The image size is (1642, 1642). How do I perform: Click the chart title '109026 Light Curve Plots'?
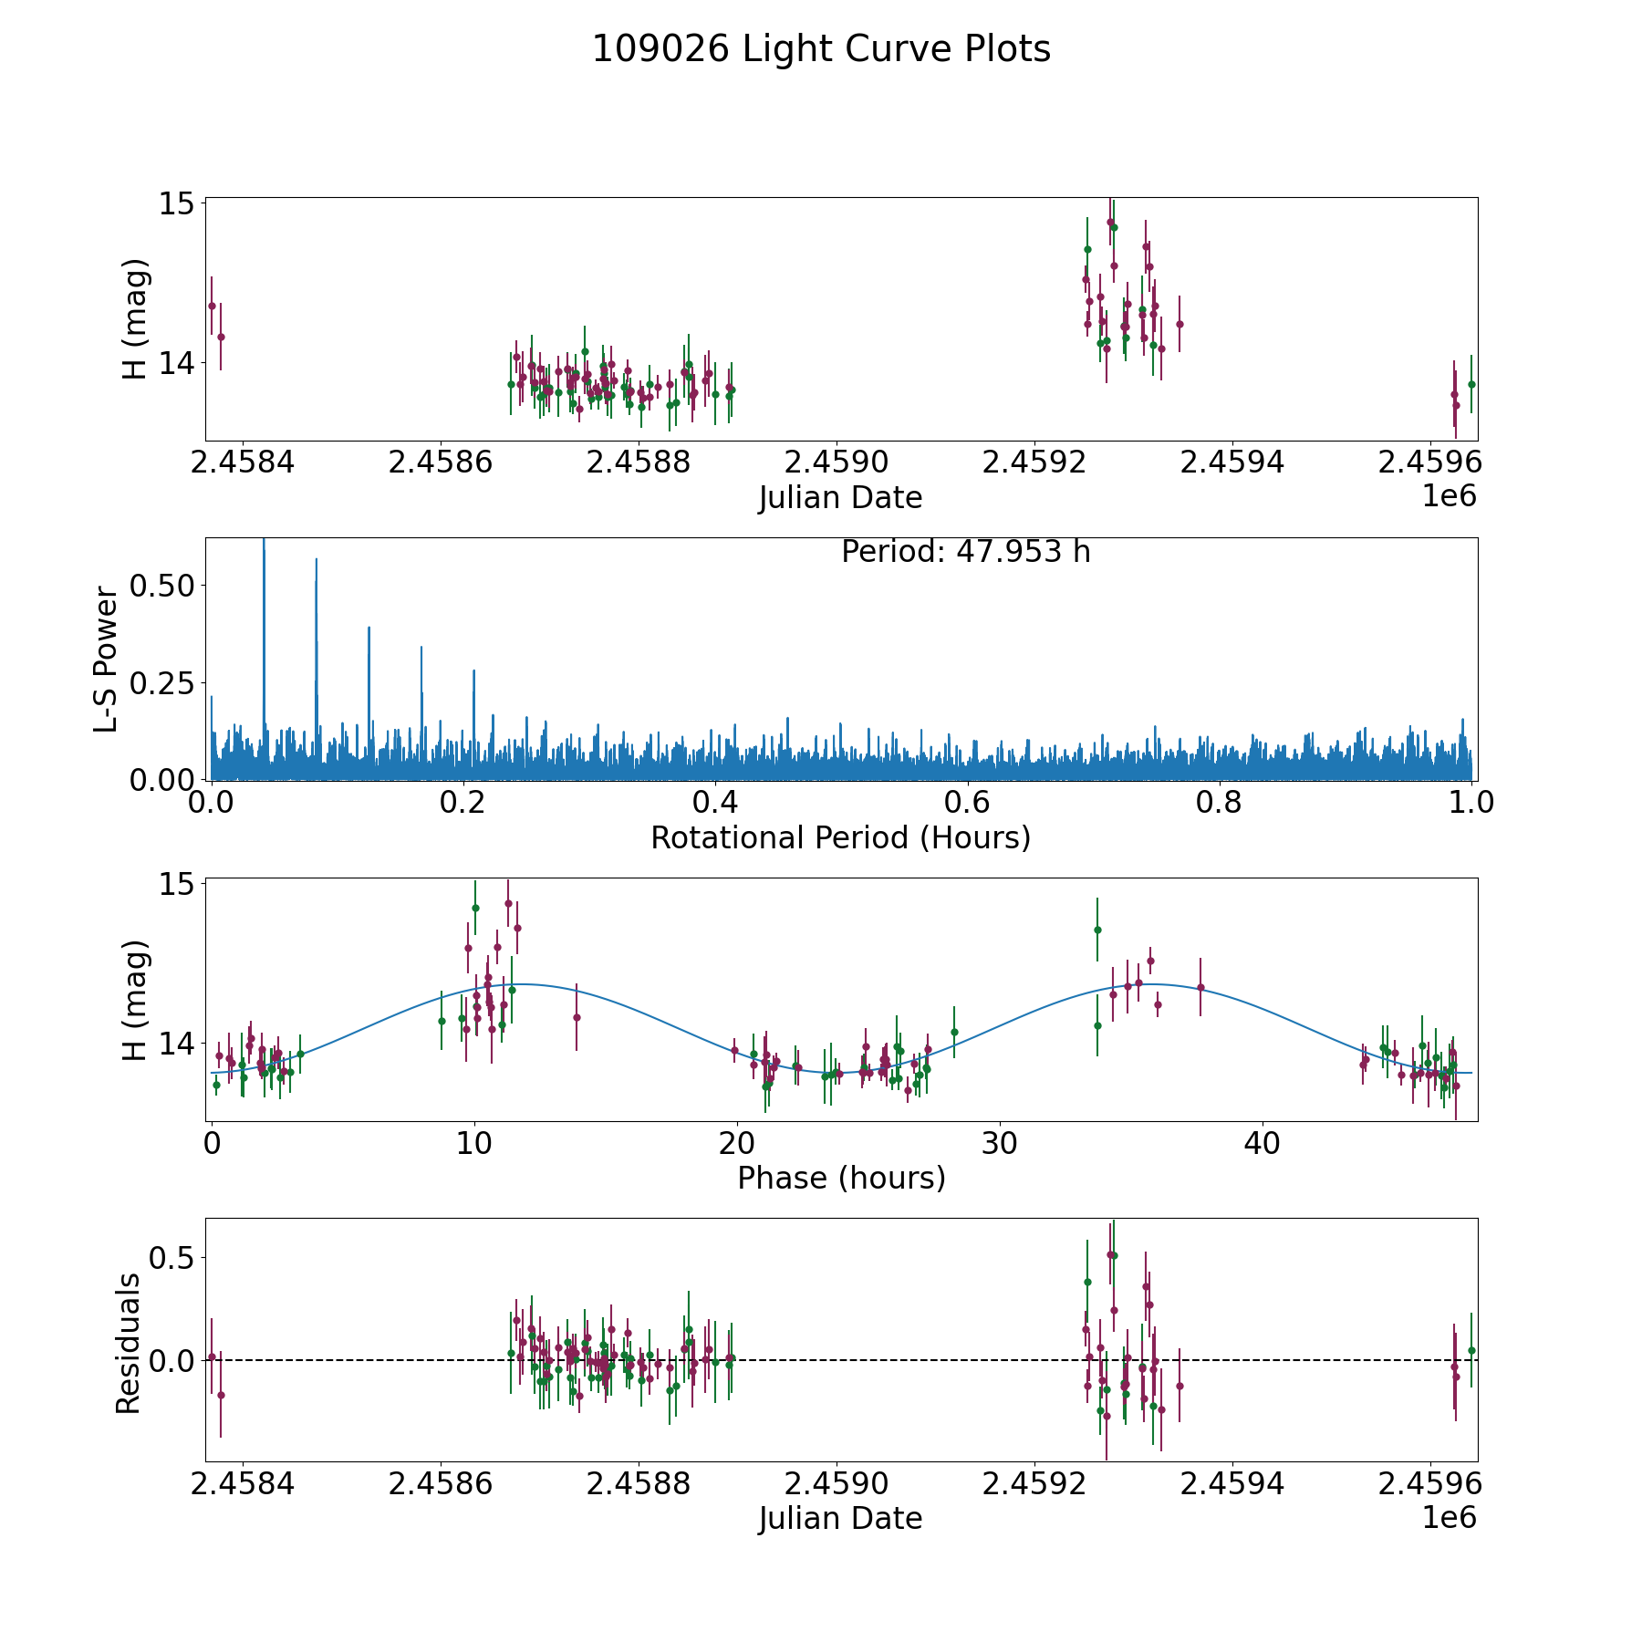tap(821, 49)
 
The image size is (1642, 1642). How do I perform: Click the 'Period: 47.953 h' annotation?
tap(965, 552)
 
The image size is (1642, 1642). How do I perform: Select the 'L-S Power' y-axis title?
tap(106, 659)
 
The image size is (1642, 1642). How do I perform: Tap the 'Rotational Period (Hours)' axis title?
tap(840, 837)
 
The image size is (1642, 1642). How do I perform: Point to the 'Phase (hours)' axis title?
tap(840, 1178)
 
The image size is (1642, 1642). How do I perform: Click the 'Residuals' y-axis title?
tap(129, 1343)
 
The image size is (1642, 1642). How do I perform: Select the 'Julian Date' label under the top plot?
tap(840, 498)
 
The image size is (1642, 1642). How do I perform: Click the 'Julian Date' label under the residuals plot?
tap(840, 1519)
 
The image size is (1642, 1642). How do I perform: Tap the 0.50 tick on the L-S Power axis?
tap(162, 585)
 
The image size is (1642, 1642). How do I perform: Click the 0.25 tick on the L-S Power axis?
tap(162, 682)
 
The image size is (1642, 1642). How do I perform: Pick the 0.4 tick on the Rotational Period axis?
tap(715, 803)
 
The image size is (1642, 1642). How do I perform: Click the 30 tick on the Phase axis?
tap(1000, 1143)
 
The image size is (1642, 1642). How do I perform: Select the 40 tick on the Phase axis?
tap(1263, 1143)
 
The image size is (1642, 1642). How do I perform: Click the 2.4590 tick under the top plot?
tap(837, 462)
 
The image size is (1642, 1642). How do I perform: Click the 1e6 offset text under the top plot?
tap(1449, 496)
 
